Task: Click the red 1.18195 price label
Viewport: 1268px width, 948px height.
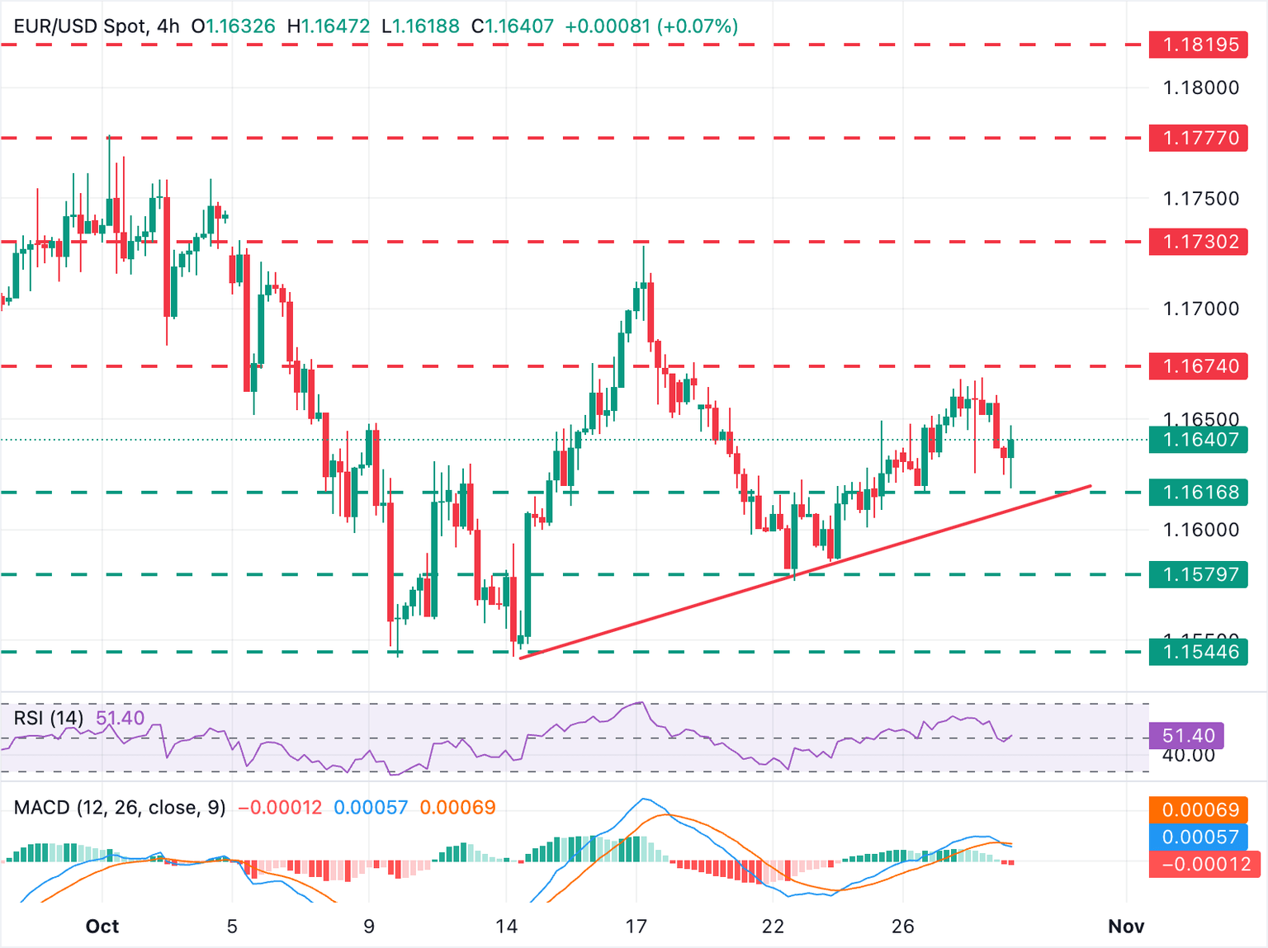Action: tap(1198, 45)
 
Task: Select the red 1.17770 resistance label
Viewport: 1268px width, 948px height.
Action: tap(1198, 138)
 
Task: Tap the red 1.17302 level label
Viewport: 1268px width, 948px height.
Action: tap(1198, 242)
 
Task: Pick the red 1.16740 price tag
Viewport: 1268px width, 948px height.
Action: tap(1198, 366)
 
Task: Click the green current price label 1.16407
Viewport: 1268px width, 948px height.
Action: tap(1198, 440)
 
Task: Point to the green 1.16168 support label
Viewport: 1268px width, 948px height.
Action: tap(1198, 493)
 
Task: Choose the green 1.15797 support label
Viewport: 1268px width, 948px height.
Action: tap(1198, 574)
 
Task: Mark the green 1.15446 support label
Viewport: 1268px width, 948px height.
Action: tap(1198, 652)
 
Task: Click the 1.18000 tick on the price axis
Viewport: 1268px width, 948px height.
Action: tap(1200, 87)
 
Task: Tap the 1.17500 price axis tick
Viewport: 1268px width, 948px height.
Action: tap(1200, 198)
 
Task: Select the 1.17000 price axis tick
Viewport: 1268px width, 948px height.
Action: tap(1200, 309)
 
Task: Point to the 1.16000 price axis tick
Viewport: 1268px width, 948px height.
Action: tap(1200, 530)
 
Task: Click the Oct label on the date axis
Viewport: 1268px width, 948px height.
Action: tap(102, 927)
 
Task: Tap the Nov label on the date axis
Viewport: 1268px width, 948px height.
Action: tap(1126, 927)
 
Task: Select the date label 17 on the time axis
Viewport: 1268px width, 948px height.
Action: tap(636, 927)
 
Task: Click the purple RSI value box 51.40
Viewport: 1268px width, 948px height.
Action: tap(1188, 735)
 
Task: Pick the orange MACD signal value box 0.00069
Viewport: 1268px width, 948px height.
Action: tap(1200, 809)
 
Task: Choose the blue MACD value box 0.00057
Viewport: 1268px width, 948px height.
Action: tap(1200, 837)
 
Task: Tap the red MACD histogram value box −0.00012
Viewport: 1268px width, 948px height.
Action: tap(1200, 864)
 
